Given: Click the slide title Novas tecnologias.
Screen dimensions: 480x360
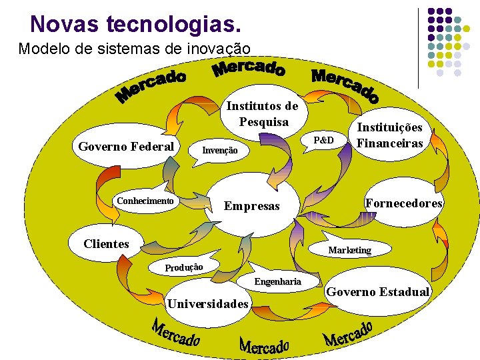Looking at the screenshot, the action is click(x=135, y=24).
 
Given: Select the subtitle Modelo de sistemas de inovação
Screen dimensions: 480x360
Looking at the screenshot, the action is click(x=134, y=49).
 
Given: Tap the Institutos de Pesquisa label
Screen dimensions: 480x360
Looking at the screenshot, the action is click(x=262, y=113).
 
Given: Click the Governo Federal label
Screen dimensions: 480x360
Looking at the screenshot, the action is click(x=126, y=147).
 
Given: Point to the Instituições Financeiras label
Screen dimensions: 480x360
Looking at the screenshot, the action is click(x=390, y=135).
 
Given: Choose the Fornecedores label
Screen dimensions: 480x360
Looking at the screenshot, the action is click(x=403, y=203).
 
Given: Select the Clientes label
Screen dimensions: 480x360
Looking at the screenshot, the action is click(x=106, y=243).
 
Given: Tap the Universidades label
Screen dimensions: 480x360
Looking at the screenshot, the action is click(x=209, y=304).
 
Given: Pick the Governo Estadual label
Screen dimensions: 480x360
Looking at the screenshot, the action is click(x=377, y=291).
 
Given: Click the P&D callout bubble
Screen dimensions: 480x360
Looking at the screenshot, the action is click(x=323, y=140).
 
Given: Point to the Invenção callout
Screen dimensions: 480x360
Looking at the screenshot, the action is click(x=219, y=151).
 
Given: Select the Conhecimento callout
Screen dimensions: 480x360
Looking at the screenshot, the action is click(x=145, y=201).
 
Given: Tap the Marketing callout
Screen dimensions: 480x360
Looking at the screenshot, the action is click(x=349, y=249).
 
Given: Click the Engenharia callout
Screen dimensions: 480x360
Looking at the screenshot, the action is click(x=277, y=281).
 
